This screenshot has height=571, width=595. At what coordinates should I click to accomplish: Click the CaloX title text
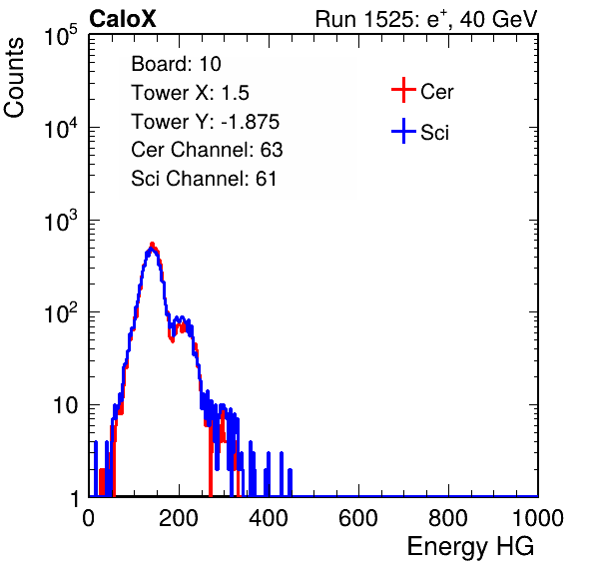(123, 19)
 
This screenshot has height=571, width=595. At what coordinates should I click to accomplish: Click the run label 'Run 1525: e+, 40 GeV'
(426, 19)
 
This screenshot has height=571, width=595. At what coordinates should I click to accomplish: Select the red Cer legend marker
(403, 90)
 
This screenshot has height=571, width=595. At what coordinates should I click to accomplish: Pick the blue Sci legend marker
(403, 132)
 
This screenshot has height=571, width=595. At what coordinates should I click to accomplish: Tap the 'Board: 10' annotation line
(176, 64)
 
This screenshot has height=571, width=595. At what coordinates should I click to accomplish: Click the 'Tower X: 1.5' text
(190, 93)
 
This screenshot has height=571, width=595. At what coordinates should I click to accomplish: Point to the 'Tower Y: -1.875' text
(206, 122)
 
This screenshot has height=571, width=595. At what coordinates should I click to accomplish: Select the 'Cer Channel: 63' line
(207, 150)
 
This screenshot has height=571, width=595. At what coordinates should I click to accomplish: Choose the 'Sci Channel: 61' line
(204, 179)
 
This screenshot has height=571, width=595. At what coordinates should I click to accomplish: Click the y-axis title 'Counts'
(14, 78)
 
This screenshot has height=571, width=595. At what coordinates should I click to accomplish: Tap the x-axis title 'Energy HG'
(470, 547)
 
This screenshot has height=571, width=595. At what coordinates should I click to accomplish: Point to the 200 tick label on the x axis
(179, 518)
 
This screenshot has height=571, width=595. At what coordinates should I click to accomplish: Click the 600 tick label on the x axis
(358, 518)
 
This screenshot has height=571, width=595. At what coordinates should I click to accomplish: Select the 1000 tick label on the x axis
(538, 518)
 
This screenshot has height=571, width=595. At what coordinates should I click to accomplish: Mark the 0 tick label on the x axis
(89, 518)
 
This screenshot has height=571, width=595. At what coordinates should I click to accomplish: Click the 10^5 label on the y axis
(61, 35)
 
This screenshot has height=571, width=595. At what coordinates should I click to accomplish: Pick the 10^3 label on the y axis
(61, 220)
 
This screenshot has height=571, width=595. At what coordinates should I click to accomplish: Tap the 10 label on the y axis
(66, 405)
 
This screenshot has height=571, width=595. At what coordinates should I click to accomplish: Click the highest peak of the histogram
(152, 244)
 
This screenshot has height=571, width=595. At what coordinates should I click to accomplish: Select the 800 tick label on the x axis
(448, 518)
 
